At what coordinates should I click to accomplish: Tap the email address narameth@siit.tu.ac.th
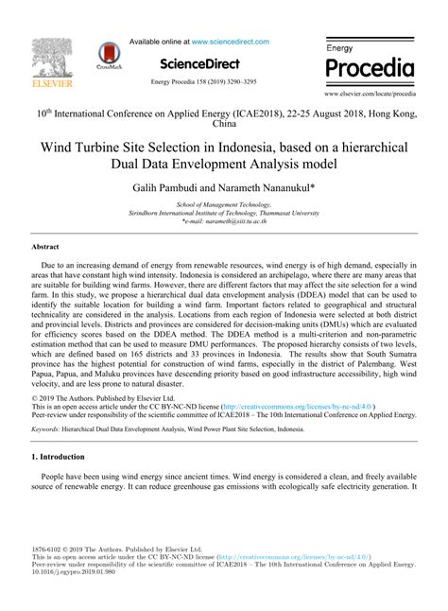pyautogui.click(x=236, y=221)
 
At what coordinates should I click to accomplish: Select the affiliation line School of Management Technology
pyautogui.click(x=223, y=204)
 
